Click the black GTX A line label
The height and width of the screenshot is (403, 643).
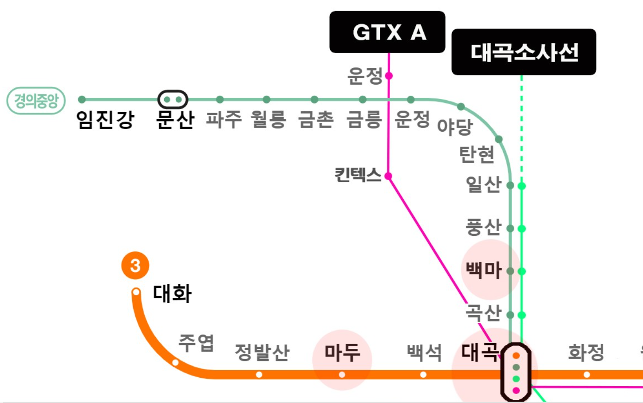[x=387, y=32]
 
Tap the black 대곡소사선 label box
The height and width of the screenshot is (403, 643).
[x=524, y=52]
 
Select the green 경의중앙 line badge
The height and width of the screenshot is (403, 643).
[x=36, y=101]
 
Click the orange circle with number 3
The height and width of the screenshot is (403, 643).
[x=135, y=266]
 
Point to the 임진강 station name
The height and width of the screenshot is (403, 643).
[x=105, y=119]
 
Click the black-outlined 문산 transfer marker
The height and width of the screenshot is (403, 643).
[x=173, y=99]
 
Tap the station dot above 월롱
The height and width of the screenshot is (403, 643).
[x=266, y=99]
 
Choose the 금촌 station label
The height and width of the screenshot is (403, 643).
[x=316, y=119]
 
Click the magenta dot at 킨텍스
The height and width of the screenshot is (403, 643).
[x=388, y=176]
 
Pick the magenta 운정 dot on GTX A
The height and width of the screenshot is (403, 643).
[x=389, y=76]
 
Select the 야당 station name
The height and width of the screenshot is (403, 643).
[x=455, y=127]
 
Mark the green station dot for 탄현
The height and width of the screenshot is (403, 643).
[x=499, y=139]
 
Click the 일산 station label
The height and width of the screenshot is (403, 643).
[x=483, y=184]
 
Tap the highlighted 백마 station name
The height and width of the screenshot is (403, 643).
[x=483, y=270]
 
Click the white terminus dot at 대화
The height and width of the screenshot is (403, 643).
[x=136, y=292]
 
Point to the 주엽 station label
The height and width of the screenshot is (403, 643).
[x=196, y=343]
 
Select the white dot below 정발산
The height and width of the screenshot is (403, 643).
[x=259, y=375]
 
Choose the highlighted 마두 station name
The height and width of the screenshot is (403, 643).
[x=342, y=352]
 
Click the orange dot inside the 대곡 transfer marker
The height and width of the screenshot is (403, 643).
[x=516, y=356]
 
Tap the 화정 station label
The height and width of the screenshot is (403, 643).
[x=586, y=352]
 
